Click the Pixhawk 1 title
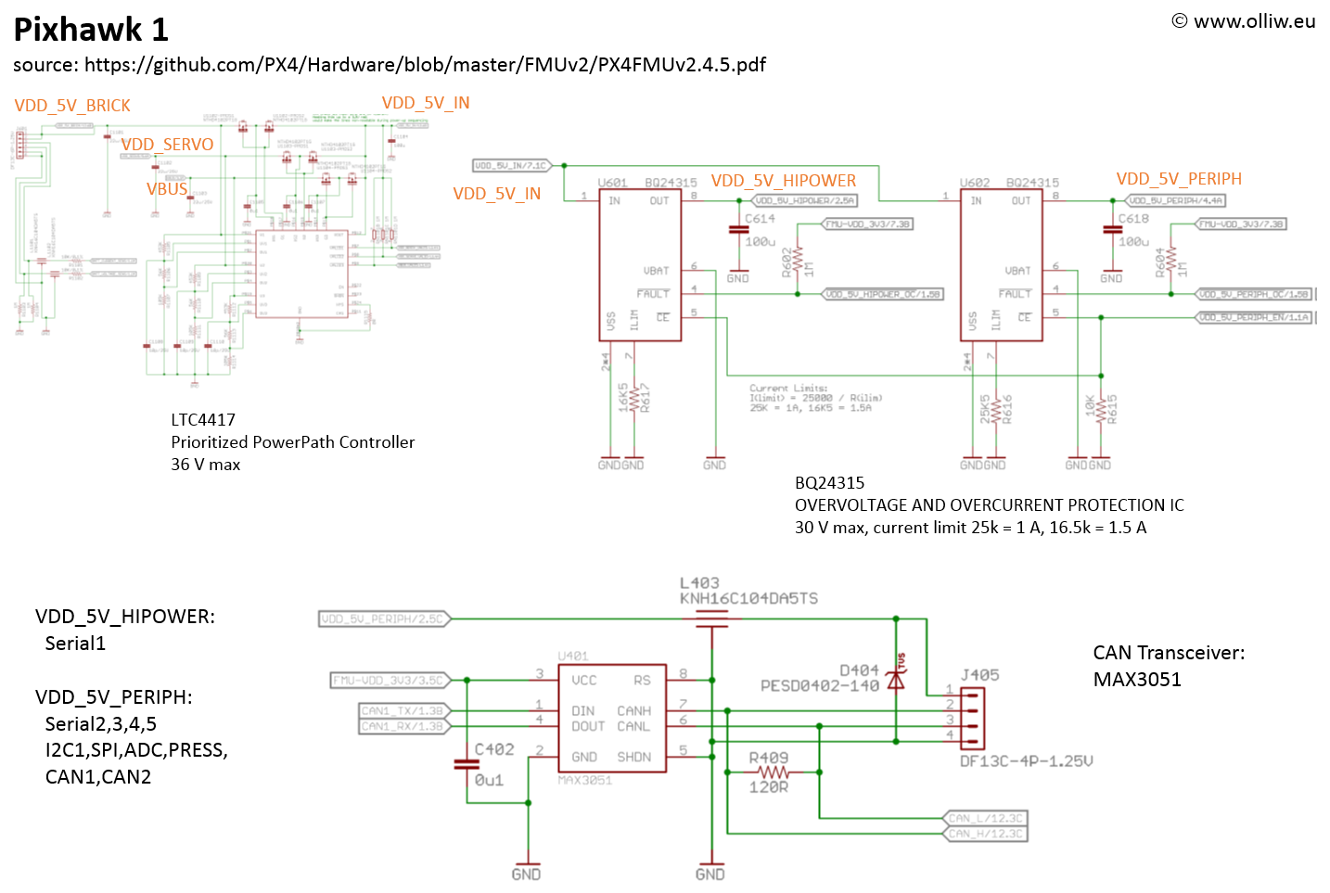(91, 30)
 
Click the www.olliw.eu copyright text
(1243, 21)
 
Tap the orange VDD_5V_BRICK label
(72, 106)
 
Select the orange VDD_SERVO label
(167, 145)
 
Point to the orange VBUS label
(167, 189)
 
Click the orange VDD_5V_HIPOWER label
(784, 181)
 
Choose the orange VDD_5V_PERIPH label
(1179, 179)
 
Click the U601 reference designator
(612, 183)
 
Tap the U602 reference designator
(974, 183)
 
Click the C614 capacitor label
(760, 219)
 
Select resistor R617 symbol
(633, 397)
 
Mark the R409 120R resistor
(770, 772)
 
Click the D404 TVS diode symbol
(896, 680)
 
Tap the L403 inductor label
(699, 583)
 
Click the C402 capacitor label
(494, 749)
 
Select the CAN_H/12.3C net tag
(985, 834)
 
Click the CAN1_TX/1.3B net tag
(402, 711)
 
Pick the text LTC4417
(203, 420)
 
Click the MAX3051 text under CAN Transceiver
(1137, 680)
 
